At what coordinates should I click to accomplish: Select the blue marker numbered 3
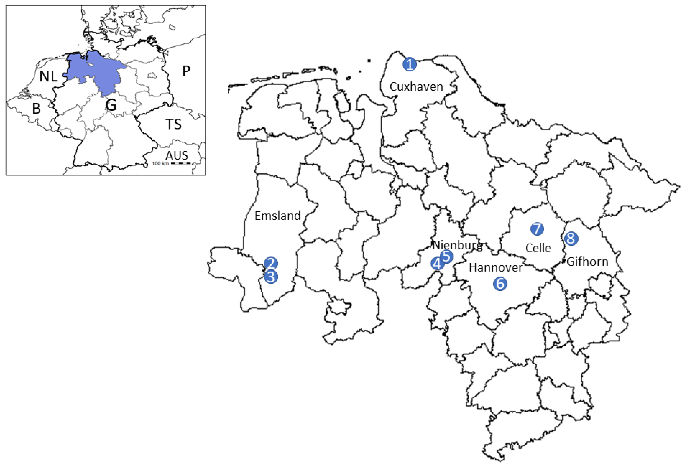point(271,277)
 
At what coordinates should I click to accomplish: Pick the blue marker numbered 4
point(437,263)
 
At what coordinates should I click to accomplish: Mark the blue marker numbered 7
point(537,229)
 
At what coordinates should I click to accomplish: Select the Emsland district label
point(277,216)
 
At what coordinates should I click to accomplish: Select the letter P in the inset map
point(186,71)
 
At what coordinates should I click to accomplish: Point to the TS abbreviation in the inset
point(173,124)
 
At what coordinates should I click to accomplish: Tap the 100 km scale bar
point(180,163)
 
